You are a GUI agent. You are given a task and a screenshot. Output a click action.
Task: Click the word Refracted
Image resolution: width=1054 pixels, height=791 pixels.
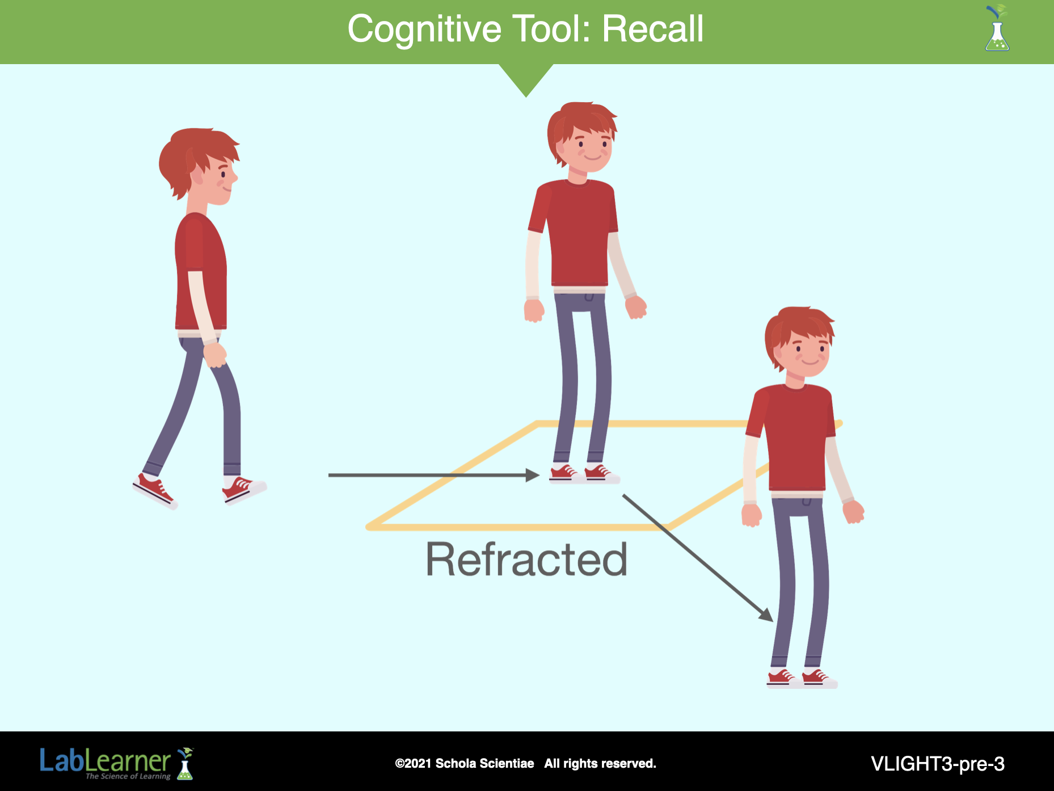point(526,559)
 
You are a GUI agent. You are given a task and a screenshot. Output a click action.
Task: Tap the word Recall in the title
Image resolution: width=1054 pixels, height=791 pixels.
point(653,29)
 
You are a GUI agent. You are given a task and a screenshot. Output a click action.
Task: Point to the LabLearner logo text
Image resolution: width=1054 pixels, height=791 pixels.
point(105,762)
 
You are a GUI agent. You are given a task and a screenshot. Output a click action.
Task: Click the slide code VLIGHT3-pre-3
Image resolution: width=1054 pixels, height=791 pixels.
point(938,764)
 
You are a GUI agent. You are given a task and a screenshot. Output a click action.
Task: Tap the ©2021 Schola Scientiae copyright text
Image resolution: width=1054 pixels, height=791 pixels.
point(465,764)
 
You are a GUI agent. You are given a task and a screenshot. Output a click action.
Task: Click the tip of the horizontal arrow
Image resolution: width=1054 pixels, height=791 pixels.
point(539,475)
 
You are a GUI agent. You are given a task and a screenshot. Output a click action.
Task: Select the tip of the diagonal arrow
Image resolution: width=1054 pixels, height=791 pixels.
point(773,621)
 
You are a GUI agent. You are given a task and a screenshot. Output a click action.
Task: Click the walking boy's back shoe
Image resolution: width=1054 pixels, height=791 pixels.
point(155,491)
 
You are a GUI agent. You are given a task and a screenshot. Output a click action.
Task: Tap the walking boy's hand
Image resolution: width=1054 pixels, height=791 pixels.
point(215,355)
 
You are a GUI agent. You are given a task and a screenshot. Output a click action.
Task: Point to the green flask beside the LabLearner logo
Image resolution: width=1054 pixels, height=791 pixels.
point(185,764)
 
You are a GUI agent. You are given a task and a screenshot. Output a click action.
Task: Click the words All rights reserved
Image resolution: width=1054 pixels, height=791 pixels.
point(600,764)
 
